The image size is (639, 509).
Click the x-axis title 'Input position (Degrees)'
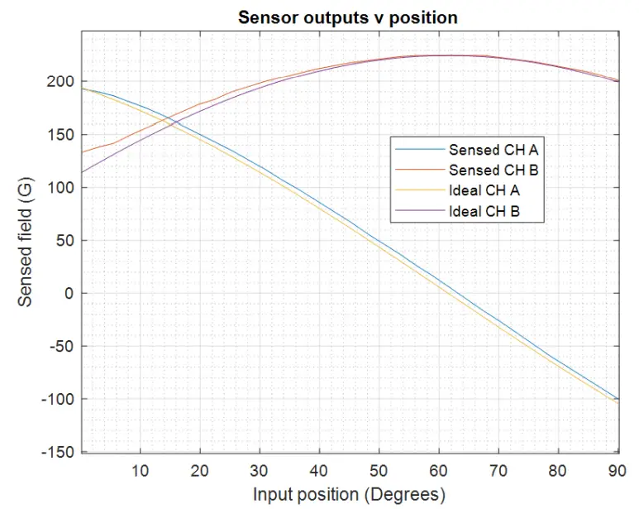pos(349,494)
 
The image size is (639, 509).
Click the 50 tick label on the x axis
pos(379,470)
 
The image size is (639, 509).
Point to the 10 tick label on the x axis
pos(141,470)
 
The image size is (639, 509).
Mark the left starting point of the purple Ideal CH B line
pos(82,173)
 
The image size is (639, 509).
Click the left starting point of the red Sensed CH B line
pos(82,152)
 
